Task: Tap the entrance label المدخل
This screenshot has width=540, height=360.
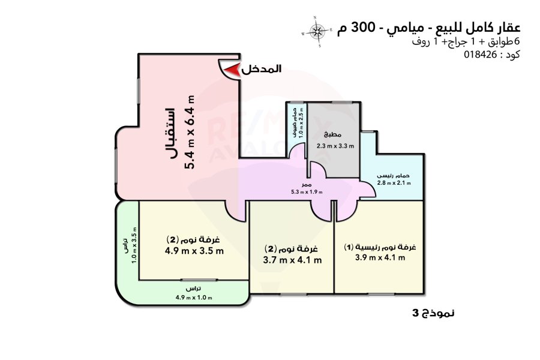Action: point(262,70)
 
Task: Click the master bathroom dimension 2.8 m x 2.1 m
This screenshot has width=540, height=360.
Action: point(394,183)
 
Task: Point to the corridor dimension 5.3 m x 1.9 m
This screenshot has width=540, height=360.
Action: point(306,192)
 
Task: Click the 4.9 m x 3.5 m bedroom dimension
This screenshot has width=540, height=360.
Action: point(193,251)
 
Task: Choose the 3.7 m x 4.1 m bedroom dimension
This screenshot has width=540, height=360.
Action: point(293,260)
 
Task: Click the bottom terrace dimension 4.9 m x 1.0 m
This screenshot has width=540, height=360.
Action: point(193,298)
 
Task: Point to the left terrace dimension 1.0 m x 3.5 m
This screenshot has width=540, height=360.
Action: point(135,246)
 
